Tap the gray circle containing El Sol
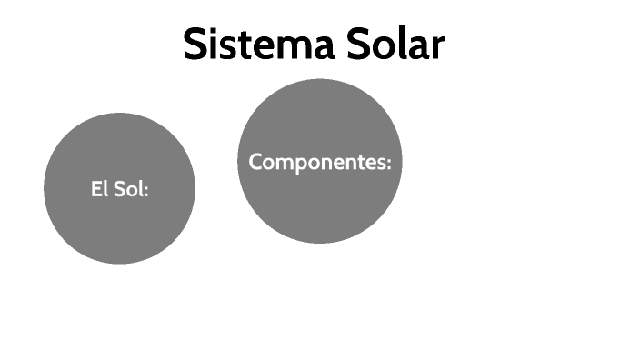point(119,218)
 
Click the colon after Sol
point(145,191)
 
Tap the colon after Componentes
point(388,164)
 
